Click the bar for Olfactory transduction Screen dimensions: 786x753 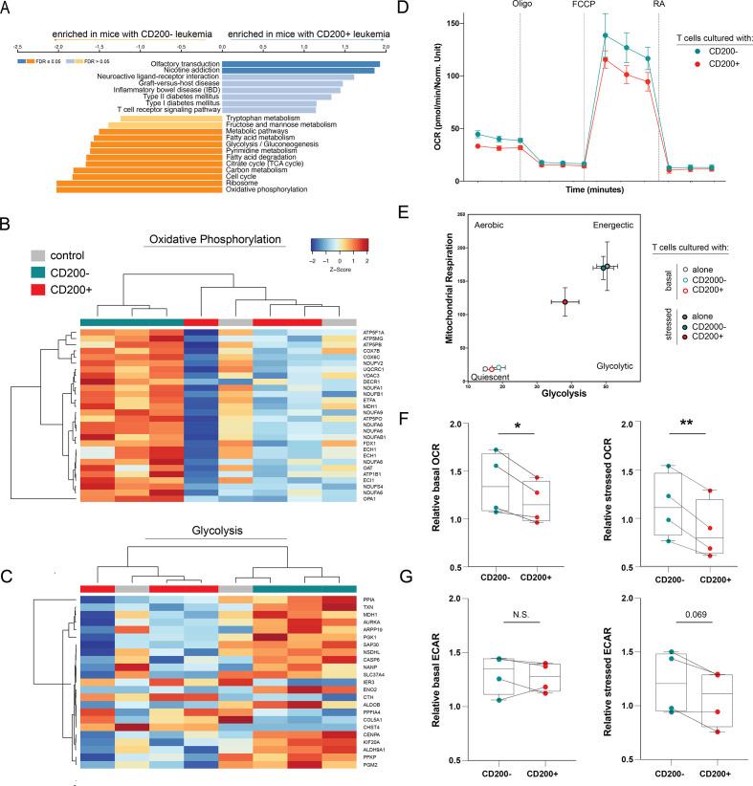coord(300,64)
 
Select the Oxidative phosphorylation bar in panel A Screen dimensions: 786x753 coord(139,189)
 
